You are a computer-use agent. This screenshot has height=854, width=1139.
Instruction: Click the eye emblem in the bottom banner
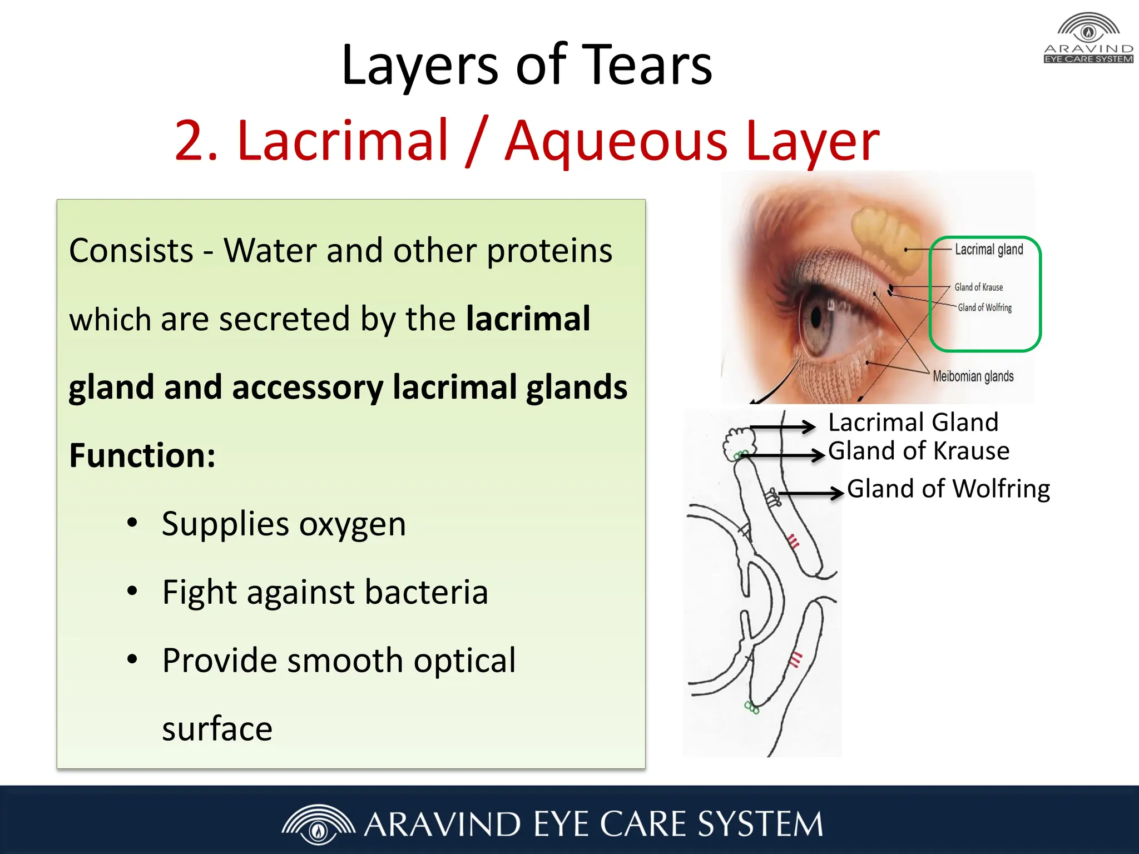(x=318, y=825)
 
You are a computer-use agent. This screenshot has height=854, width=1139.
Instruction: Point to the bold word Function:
(x=142, y=456)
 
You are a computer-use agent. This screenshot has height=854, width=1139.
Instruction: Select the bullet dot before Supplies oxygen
(x=132, y=523)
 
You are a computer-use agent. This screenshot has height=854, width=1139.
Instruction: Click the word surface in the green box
(x=217, y=729)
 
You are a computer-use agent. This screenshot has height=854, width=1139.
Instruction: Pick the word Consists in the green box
(x=131, y=251)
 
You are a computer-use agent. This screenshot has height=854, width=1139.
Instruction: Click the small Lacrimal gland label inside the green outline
(x=989, y=250)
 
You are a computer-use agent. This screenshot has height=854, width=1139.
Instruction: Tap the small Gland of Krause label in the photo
(x=979, y=287)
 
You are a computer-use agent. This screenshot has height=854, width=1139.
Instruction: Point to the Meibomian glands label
(x=973, y=376)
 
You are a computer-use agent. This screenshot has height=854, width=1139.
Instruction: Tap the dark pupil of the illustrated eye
(x=816, y=317)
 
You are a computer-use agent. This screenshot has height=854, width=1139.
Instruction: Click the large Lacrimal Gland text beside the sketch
(x=913, y=423)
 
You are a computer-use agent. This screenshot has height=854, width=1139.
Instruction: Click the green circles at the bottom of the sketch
(x=751, y=708)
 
